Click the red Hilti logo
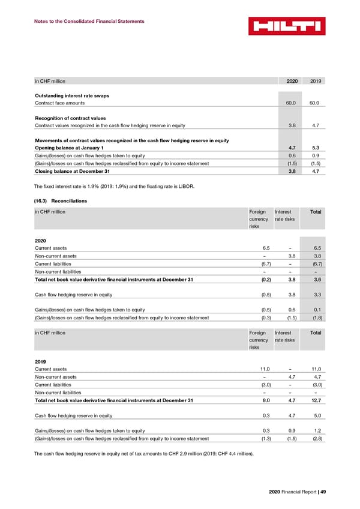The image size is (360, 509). tap(287, 26)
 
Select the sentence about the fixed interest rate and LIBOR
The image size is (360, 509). tap(114, 186)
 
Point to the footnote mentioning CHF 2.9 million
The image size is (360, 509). tap(144, 453)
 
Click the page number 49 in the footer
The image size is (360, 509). tap(322, 492)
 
